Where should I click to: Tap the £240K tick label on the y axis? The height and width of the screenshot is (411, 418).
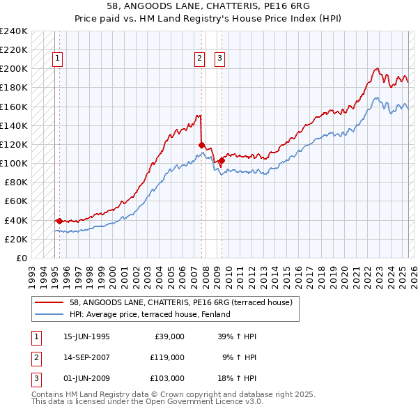[14, 31]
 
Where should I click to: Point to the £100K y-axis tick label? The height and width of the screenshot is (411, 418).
[14, 163]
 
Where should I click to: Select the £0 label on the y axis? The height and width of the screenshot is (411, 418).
[21, 258]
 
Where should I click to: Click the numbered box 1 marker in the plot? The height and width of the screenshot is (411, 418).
[57, 59]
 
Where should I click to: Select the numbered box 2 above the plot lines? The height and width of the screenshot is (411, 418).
[199, 59]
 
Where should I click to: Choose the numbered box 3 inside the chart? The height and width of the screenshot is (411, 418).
[219, 59]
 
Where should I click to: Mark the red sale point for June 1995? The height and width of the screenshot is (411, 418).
[59, 221]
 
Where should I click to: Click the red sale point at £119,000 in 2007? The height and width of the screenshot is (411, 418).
[201, 145]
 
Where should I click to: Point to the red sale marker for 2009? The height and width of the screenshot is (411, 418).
[222, 160]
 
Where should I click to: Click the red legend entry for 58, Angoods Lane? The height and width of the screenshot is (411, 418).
[185, 302]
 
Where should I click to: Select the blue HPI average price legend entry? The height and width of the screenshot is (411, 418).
[150, 314]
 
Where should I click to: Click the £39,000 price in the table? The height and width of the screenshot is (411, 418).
[167, 336]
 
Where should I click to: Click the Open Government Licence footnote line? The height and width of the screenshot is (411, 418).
[148, 402]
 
